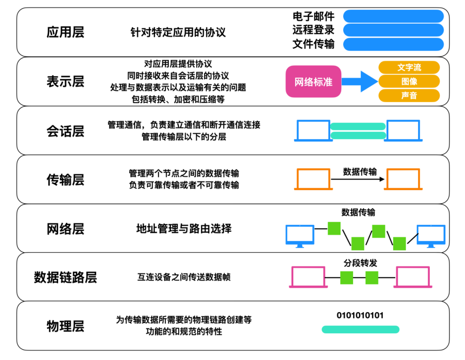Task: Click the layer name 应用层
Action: pos(65,32)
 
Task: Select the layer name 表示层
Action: pos(65,81)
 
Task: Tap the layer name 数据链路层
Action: pos(65,277)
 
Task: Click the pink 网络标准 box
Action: pos(313,81)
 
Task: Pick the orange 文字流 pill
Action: pos(409,68)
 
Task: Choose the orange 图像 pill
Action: pos(409,81)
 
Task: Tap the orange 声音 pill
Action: pos(409,95)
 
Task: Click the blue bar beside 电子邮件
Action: pos(393,16)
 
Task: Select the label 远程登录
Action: pos(313,30)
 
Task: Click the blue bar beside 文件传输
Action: pos(393,44)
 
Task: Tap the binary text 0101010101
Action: pos(360,316)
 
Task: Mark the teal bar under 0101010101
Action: pos(360,329)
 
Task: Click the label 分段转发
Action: pos(360,263)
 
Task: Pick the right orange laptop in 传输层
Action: pos(403,179)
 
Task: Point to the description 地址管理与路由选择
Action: pos(184,228)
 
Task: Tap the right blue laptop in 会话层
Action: pos(403,131)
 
